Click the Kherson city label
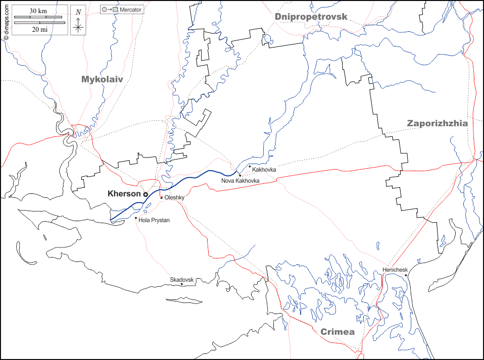point(124,194)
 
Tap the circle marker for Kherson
point(145,194)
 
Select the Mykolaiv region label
point(102,79)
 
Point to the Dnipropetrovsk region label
point(311,17)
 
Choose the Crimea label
point(337,332)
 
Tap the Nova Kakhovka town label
point(240,180)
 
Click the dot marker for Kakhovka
point(250,166)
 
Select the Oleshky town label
point(174,198)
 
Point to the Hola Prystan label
point(154,220)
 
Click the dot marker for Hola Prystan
point(136,218)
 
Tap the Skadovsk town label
point(182,279)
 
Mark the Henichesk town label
point(395,270)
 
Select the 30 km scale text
point(38,11)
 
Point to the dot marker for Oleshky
point(162,198)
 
